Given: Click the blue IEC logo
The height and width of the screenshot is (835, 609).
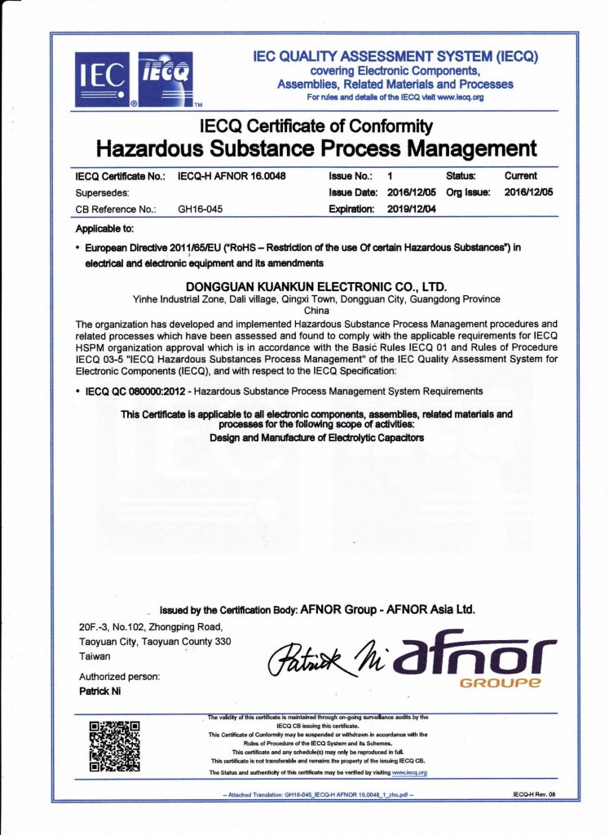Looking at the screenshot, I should [102, 79].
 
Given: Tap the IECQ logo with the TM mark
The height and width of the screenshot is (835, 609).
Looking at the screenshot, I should [166, 79].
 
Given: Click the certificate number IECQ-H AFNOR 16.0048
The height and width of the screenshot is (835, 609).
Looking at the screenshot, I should [232, 176].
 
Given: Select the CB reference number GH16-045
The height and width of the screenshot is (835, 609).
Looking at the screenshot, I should [201, 209].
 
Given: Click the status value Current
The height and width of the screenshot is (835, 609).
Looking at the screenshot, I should [521, 175].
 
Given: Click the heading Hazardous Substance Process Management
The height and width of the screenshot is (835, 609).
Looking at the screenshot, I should [316, 149].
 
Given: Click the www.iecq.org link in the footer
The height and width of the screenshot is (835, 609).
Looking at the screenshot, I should [409, 771].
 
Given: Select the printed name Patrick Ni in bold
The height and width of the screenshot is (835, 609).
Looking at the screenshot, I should [100, 691].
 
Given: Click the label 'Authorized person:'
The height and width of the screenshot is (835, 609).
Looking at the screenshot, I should [119, 676].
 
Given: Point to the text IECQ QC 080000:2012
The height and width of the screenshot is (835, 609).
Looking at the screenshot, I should [137, 391].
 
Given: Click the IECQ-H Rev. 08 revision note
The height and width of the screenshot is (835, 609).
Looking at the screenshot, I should [534, 793].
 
